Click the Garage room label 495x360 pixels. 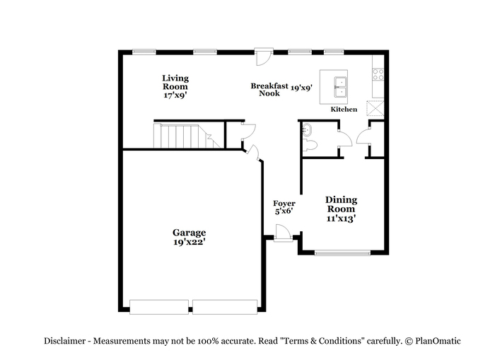point(189,233)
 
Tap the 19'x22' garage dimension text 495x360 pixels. point(190,242)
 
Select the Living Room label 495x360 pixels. point(175,82)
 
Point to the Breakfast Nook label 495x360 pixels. point(269,89)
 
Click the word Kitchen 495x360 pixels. point(344,109)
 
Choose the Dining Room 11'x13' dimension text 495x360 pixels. point(342,219)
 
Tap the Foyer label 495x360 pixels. point(284,204)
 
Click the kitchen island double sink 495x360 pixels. point(341,87)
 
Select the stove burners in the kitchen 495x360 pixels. point(378,74)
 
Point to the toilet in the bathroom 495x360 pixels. point(310,146)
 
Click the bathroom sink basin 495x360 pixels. point(306,129)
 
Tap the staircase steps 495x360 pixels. point(186,136)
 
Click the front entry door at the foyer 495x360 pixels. point(283,233)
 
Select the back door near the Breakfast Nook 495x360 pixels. point(264,57)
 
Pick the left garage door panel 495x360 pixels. point(159,307)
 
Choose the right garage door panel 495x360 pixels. point(225,307)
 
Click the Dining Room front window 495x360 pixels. point(342,252)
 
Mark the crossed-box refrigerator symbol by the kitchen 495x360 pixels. point(375,108)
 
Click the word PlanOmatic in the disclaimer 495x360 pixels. point(438,341)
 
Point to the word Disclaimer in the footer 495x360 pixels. point(64,341)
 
